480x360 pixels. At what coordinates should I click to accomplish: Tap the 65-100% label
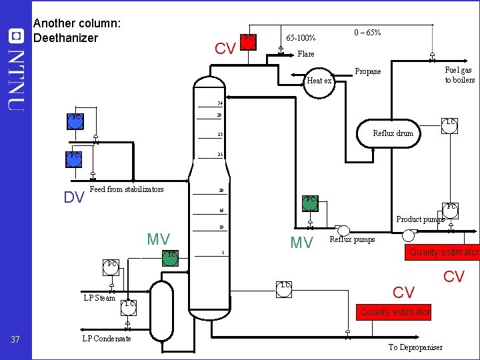[x=301, y=38]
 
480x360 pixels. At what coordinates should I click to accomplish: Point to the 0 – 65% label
[x=367, y=32]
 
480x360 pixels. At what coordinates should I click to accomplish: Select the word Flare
[x=305, y=54]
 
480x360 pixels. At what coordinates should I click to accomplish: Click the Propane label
[x=368, y=71]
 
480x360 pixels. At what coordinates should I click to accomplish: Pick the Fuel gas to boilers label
[x=459, y=75]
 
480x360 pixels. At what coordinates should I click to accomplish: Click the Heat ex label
[x=319, y=81]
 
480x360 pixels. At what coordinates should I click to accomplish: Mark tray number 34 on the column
[x=219, y=103]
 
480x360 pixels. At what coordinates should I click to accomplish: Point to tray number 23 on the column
[x=219, y=135]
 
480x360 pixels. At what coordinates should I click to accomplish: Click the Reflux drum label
[x=393, y=133]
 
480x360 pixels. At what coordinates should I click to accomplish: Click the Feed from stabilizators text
[x=126, y=189]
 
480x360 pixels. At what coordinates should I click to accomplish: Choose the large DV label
[x=73, y=197]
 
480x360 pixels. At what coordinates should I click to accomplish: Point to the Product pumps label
[x=420, y=219]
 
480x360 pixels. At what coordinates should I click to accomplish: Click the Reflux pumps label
[x=352, y=239]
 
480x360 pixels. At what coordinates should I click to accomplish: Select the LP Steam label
[x=99, y=298]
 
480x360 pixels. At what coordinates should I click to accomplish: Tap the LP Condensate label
[x=106, y=339]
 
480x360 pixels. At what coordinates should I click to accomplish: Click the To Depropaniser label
[x=415, y=347]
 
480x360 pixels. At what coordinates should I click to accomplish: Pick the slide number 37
[x=15, y=341]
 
